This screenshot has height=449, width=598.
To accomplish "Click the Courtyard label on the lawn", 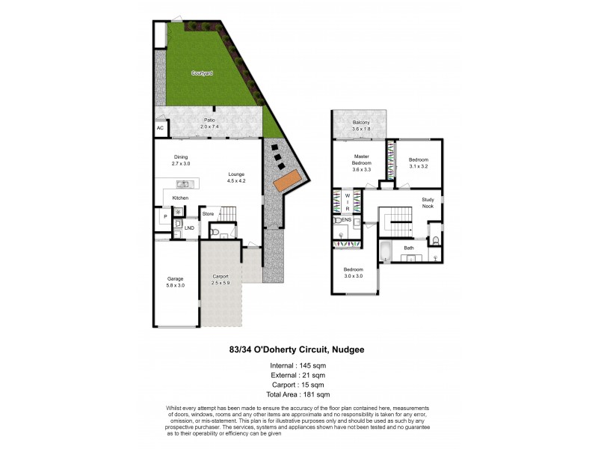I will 201,73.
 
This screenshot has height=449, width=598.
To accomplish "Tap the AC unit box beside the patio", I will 160,129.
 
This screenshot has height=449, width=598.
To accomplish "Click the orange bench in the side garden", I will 288,180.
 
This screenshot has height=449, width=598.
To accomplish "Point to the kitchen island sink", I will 182,183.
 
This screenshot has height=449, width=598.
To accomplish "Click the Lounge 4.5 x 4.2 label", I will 236,177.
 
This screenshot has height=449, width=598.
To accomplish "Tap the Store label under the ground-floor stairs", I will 209,214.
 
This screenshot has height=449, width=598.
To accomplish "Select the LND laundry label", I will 190,227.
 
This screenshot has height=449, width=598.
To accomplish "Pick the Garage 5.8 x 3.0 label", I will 175,282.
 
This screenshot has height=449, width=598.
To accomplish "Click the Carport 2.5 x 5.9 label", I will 220,278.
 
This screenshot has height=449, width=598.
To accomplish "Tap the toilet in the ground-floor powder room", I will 215,233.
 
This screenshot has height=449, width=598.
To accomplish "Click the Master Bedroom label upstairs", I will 362,162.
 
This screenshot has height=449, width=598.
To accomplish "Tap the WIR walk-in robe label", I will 347,202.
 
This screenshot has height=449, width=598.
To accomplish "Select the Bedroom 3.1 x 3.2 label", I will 418,164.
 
